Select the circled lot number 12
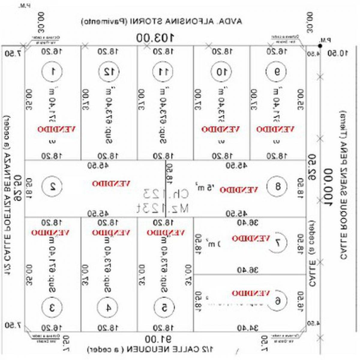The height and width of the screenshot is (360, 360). point(109,71)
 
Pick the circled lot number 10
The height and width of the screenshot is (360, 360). point(221,72)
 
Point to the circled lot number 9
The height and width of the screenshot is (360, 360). point(276,72)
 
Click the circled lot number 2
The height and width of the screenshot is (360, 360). point(52,186)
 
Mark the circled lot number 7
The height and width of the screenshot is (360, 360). point(277,242)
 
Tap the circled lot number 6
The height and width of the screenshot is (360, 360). point(277,301)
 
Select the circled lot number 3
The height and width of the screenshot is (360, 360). point(52,307)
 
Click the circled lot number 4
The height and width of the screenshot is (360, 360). point(107,307)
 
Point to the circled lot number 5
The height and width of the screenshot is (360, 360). point(164,307)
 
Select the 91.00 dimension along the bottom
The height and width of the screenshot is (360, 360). point(158,339)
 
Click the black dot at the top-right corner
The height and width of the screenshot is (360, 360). point(320,46)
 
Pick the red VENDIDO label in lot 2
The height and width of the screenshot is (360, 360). point(111,184)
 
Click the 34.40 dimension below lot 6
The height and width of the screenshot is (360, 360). point(247,328)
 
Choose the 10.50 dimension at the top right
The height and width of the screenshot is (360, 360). point(337,53)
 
